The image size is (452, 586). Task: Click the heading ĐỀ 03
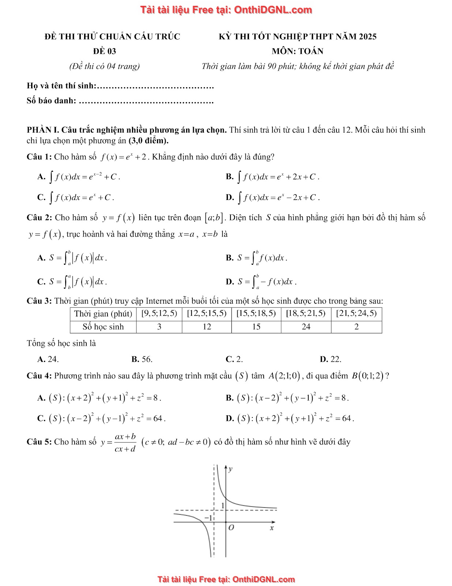(104, 51)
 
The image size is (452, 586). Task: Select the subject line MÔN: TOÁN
(297, 51)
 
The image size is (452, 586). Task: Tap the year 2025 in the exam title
(368, 37)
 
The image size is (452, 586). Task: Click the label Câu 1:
(39, 157)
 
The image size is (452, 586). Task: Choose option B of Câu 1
(272, 177)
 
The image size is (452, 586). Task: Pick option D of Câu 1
(272, 198)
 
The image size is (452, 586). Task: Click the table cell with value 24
(306, 327)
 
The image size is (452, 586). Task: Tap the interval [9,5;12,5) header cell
(159, 314)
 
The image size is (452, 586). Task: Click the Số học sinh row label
(103, 327)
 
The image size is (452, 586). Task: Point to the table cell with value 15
(256, 327)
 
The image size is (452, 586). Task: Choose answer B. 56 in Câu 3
(142, 359)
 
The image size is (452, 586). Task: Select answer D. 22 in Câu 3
(330, 359)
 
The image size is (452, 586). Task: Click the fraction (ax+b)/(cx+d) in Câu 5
(125, 442)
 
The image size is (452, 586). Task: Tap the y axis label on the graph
(230, 469)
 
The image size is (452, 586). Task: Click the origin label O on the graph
(231, 528)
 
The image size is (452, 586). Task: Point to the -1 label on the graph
(208, 518)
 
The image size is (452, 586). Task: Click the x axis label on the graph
(272, 528)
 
